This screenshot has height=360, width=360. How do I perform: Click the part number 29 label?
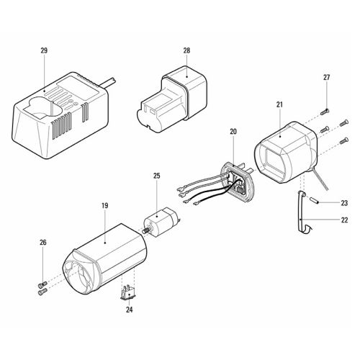[x=44, y=50]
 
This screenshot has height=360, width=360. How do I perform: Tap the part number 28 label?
[x=186, y=50]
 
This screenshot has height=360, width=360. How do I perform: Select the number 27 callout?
[x=326, y=78]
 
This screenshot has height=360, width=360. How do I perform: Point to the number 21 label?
[x=279, y=104]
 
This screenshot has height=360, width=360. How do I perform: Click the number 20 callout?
[x=233, y=132]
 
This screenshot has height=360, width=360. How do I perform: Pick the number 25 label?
[x=156, y=176]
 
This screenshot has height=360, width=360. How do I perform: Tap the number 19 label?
[x=104, y=206]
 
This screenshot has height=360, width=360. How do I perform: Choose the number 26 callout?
[x=43, y=243]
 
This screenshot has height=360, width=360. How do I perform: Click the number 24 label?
[x=130, y=310]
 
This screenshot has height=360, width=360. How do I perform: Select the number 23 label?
[x=344, y=203]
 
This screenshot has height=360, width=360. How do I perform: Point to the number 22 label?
[x=344, y=220]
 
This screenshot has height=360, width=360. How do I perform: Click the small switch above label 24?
[x=128, y=292]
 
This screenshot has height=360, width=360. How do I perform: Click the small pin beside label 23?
[x=314, y=200]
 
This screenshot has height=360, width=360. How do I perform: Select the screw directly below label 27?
[x=325, y=112]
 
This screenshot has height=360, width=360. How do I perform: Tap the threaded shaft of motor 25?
[x=146, y=231]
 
